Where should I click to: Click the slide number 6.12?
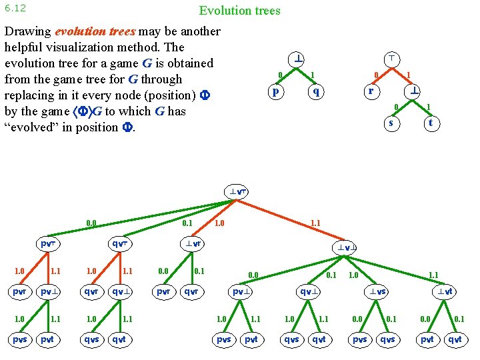pos(14,8)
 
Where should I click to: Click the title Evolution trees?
pos(239,11)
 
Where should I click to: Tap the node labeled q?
pos(318,91)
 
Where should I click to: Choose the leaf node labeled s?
pos(391,123)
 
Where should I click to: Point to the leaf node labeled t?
pos(431,123)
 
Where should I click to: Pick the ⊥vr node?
pos(194,243)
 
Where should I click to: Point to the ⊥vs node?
pos(378,291)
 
